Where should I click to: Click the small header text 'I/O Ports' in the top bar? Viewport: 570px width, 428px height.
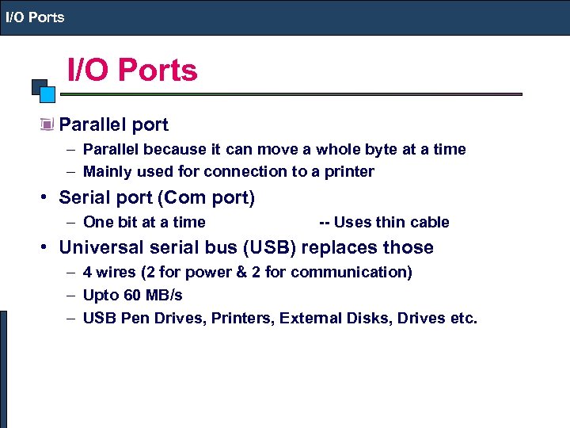(x=36, y=17)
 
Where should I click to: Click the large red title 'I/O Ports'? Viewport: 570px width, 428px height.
(x=132, y=71)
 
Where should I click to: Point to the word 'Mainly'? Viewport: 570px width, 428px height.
(x=107, y=171)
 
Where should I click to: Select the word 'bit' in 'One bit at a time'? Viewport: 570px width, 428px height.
(x=127, y=222)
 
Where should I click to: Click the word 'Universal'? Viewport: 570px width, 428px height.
(x=99, y=247)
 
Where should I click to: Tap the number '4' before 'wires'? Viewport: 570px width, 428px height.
(x=87, y=272)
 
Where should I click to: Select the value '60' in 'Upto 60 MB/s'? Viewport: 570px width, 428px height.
(x=132, y=295)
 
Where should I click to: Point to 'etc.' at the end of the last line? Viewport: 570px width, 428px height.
(x=463, y=319)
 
